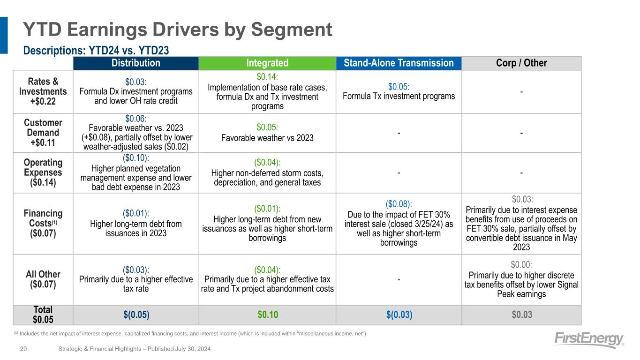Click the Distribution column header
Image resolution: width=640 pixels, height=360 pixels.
click(x=136, y=63)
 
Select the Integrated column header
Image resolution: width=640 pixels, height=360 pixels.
click(x=267, y=63)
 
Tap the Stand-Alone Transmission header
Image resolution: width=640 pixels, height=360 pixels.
click(x=399, y=63)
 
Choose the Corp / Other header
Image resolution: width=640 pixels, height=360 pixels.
click(x=521, y=63)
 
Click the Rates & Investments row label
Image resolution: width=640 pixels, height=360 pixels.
click(x=43, y=91)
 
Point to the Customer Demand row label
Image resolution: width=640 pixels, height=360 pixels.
click(x=43, y=133)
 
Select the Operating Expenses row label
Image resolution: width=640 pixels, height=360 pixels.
click(x=43, y=173)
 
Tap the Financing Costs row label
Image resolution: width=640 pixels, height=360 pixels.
click(x=43, y=223)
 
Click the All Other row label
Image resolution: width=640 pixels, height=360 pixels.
click(x=43, y=279)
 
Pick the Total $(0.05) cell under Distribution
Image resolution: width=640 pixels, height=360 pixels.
click(x=136, y=315)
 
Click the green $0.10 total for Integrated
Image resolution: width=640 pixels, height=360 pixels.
click(x=267, y=315)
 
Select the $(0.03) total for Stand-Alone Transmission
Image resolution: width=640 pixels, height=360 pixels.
click(x=399, y=315)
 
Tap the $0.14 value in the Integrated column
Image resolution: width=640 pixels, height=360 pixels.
click(x=267, y=77)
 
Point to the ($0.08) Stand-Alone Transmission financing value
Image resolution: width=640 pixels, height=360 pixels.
click(x=399, y=204)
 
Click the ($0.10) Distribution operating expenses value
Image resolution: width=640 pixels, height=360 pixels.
click(x=136, y=158)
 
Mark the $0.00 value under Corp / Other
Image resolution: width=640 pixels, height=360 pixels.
click(x=521, y=264)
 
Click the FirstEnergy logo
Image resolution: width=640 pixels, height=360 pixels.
click(x=589, y=340)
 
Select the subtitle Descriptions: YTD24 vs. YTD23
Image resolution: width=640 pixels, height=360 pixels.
click(x=96, y=50)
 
